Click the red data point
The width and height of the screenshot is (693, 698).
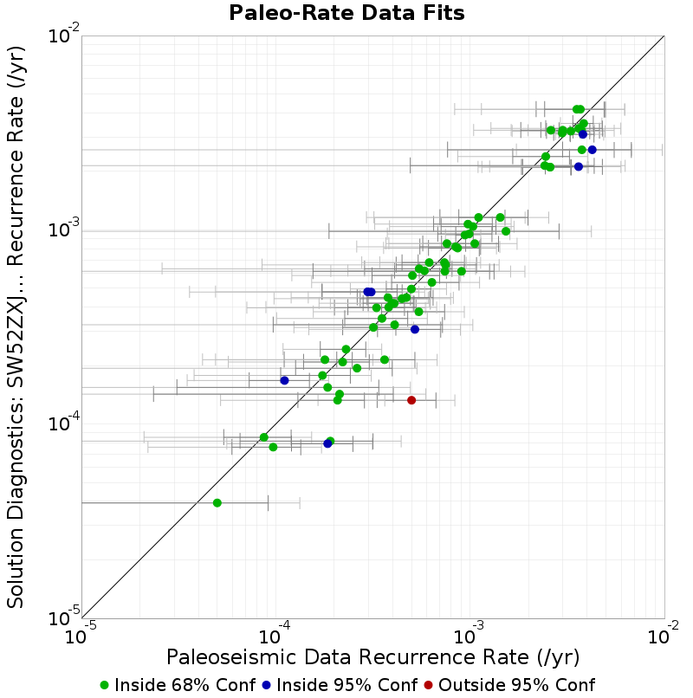(411, 400)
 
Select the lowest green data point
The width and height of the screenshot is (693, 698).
(217, 503)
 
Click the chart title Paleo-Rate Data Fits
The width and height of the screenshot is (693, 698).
(346, 12)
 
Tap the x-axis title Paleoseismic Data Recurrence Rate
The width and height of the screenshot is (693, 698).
(372, 657)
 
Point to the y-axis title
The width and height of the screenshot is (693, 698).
(15, 327)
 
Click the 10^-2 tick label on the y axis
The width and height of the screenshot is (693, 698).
(64, 36)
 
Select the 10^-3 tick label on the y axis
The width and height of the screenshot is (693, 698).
(64, 229)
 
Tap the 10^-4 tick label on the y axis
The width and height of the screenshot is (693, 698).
(64, 423)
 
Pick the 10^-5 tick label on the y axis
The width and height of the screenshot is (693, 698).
(64, 617)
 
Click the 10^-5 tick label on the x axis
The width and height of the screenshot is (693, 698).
(81, 635)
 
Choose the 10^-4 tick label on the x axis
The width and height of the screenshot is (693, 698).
(275, 635)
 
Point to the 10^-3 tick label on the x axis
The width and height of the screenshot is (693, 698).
(469, 635)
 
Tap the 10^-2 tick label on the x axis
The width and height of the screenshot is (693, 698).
(664, 635)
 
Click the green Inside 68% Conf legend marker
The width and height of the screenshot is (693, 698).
(104, 686)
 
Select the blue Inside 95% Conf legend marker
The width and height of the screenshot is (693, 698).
(266, 686)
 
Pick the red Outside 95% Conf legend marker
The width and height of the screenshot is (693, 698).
(428, 686)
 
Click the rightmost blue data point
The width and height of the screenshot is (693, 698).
(592, 150)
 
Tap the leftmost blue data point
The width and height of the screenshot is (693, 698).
(284, 380)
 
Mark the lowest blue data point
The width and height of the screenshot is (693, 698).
(327, 443)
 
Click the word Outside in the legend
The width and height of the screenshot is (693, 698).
(465, 685)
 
